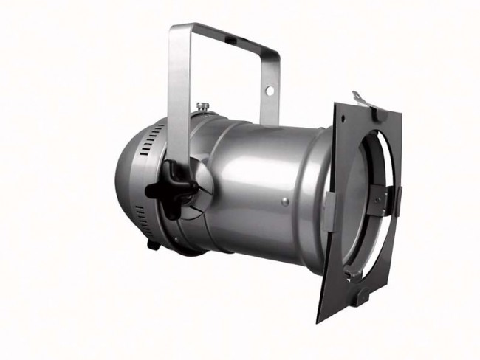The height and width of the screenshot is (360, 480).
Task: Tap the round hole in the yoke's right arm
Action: click(270, 91)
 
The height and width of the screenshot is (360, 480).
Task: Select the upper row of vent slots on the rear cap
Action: click(151, 136)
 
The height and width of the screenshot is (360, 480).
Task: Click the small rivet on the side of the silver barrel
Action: click(285, 200)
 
